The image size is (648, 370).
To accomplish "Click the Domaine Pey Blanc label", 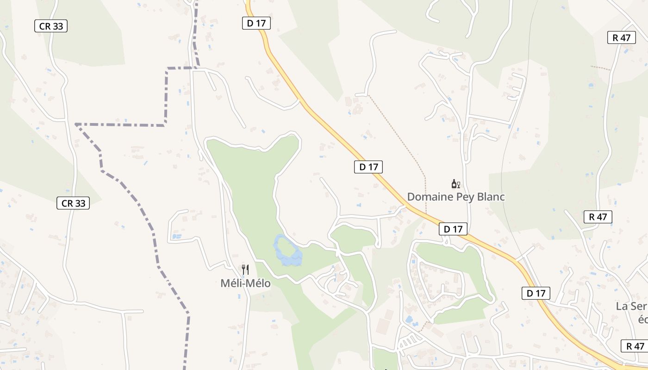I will [455, 197].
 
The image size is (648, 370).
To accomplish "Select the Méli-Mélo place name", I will [245, 283].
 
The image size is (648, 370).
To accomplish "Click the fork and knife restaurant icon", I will [245, 269].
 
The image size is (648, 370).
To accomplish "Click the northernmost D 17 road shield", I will [256, 23].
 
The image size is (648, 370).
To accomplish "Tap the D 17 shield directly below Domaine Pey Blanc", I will [453, 229].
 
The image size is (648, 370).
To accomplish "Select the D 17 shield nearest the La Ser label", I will [536, 293].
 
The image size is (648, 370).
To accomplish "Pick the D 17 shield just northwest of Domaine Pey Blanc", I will [368, 167].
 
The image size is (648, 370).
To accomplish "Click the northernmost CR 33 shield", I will [51, 26].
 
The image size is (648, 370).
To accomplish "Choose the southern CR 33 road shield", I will [73, 203].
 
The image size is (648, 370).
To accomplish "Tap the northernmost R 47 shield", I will [622, 38].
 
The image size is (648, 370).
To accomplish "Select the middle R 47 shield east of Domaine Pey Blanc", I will [598, 217].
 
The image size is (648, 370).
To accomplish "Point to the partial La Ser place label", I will [631, 306].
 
